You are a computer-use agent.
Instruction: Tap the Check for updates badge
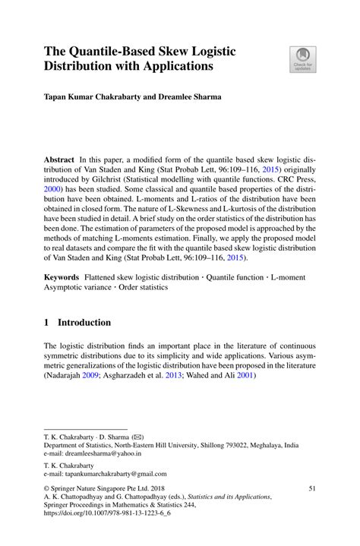click(302, 59)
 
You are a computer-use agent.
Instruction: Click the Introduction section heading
click(85, 323)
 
